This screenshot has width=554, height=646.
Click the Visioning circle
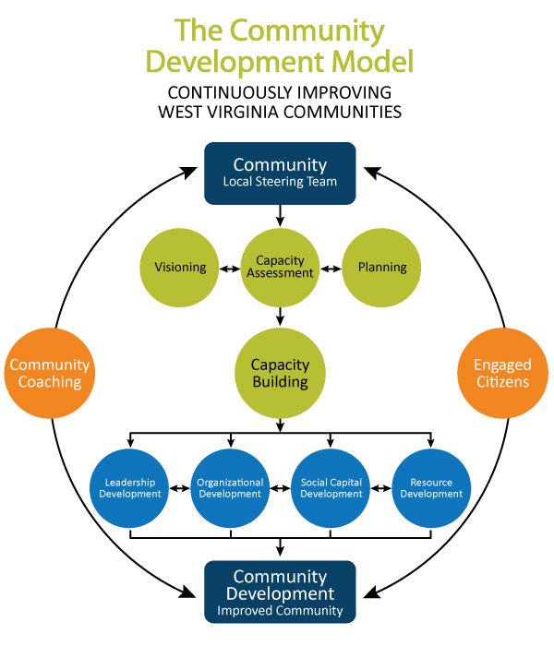coord(180,268)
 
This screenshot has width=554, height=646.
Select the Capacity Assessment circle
coord(280,268)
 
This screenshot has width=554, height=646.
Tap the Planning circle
coord(381,268)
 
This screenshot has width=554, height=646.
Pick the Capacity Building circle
coord(280,372)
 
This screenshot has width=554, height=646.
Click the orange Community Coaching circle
coord(49,374)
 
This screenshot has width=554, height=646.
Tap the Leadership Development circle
coord(130,487)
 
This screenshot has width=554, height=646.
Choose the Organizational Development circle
coord(230,487)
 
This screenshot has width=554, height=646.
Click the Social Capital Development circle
coord(331,487)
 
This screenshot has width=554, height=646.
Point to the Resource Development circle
coord(431,487)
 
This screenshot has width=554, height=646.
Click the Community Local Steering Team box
coord(280,173)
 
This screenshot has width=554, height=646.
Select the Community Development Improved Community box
coord(280,592)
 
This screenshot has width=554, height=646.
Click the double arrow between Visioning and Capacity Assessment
coord(230,269)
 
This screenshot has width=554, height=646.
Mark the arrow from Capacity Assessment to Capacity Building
coord(280,316)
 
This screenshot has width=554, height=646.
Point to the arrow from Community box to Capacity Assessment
coord(280,215)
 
